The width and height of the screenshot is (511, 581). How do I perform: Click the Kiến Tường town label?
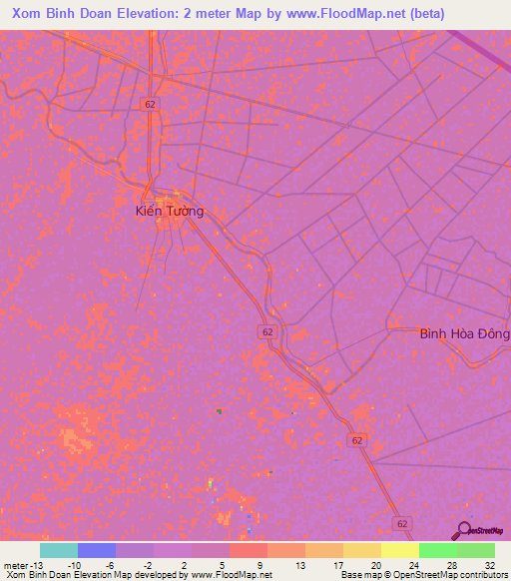point(170,212)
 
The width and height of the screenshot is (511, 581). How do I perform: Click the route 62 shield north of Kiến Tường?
point(150,104)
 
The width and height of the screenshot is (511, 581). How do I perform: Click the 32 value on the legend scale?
point(488,565)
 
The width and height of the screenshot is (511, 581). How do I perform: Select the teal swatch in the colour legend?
point(58,550)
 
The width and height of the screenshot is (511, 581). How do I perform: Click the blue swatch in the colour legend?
point(96,550)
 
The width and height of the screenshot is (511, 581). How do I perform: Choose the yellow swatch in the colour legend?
point(399,550)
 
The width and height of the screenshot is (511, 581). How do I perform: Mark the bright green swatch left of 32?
point(437,550)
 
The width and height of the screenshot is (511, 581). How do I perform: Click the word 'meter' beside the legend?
point(15,565)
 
